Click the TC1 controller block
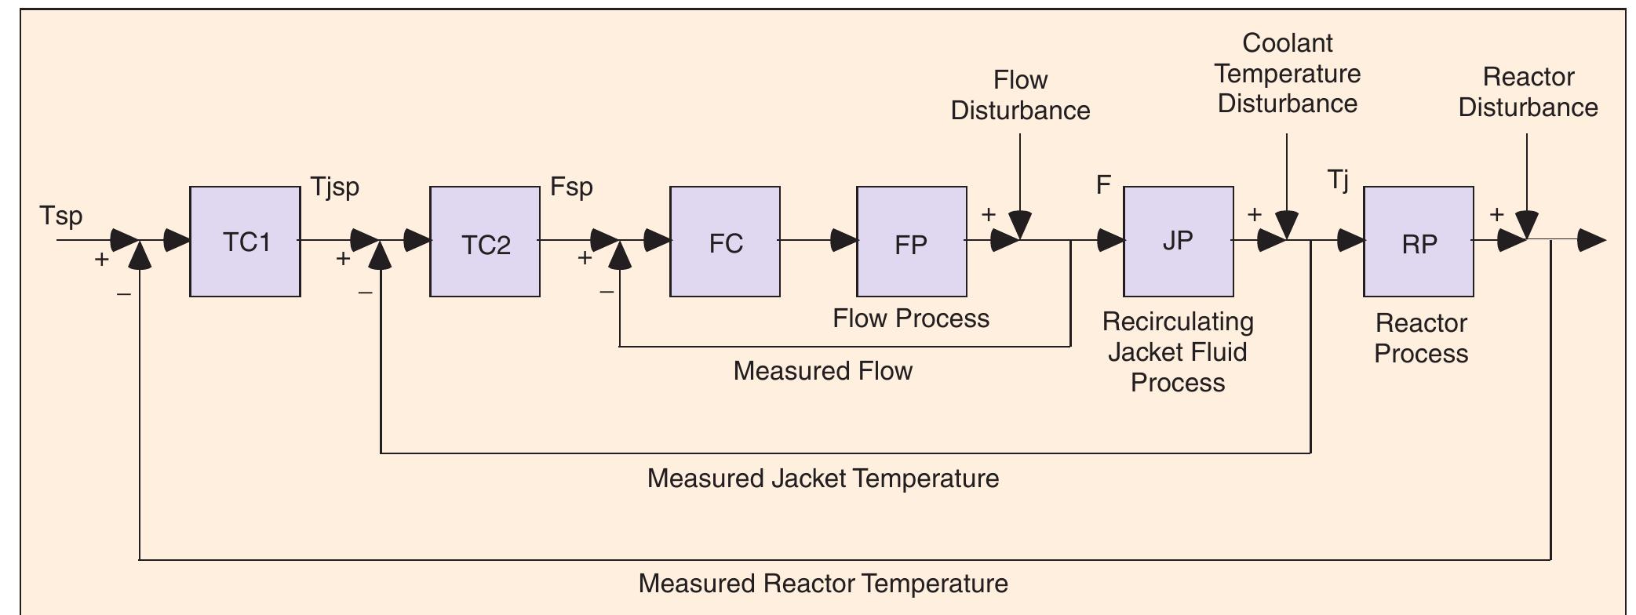[x=245, y=242]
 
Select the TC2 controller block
[x=485, y=242]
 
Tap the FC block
[x=725, y=242]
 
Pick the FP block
[x=911, y=242]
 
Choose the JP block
[x=1178, y=242]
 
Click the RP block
[x=1418, y=242]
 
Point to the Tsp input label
[x=61, y=216]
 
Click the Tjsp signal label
[x=335, y=187]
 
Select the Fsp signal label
[x=571, y=187]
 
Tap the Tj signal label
[x=1339, y=180]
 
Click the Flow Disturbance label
[x=1020, y=95]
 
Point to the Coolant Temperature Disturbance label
[x=1288, y=73]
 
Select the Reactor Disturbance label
[x=1528, y=92]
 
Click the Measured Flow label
[x=822, y=370]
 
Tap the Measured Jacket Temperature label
[x=822, y=478]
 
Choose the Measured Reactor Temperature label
[x=822, y=584]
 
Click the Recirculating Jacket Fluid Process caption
[x=1178, y=351]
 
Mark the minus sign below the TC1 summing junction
[x=124, y=294]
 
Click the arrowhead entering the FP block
[x=844, y=240]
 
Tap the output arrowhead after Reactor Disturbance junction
[x=1591, y=240]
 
